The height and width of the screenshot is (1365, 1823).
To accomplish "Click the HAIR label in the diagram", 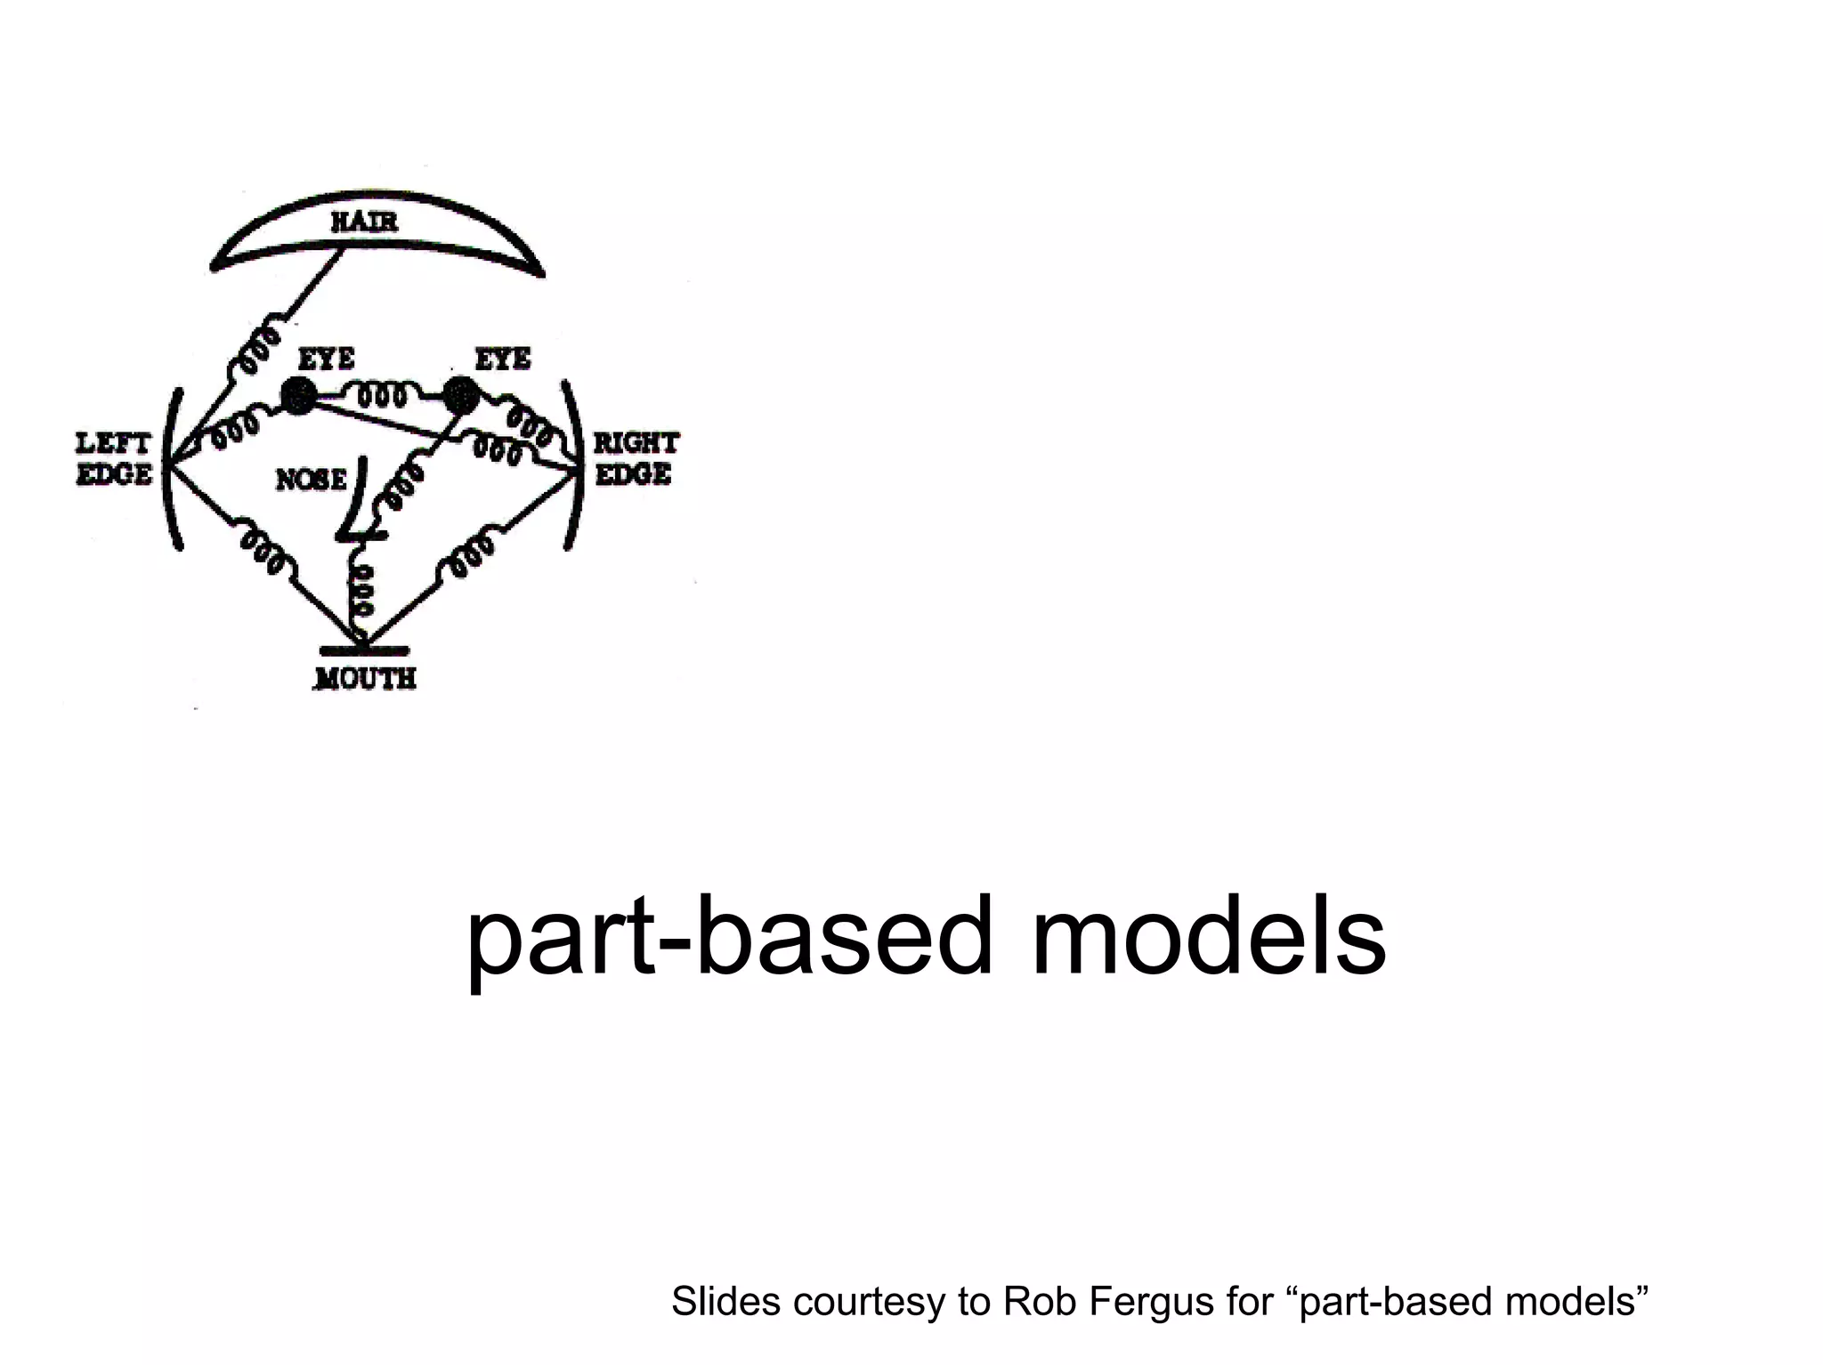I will coord(364,221).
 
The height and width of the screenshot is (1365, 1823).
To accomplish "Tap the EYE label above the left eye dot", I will coord(326,359).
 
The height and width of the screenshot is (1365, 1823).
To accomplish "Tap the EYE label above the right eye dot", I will coord(503,359).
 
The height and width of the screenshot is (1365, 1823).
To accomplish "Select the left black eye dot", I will coord(297,395).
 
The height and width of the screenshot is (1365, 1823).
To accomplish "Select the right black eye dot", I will coord(461,394).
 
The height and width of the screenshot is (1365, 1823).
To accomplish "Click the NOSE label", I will coord(311,480).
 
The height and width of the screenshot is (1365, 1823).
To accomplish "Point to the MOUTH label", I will coord(366,678).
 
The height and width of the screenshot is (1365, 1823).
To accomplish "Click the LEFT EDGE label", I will coord(113,458).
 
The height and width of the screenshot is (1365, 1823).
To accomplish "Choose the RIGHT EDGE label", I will coord(636,458).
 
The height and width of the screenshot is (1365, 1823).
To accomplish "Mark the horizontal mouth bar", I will coord(364,650).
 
